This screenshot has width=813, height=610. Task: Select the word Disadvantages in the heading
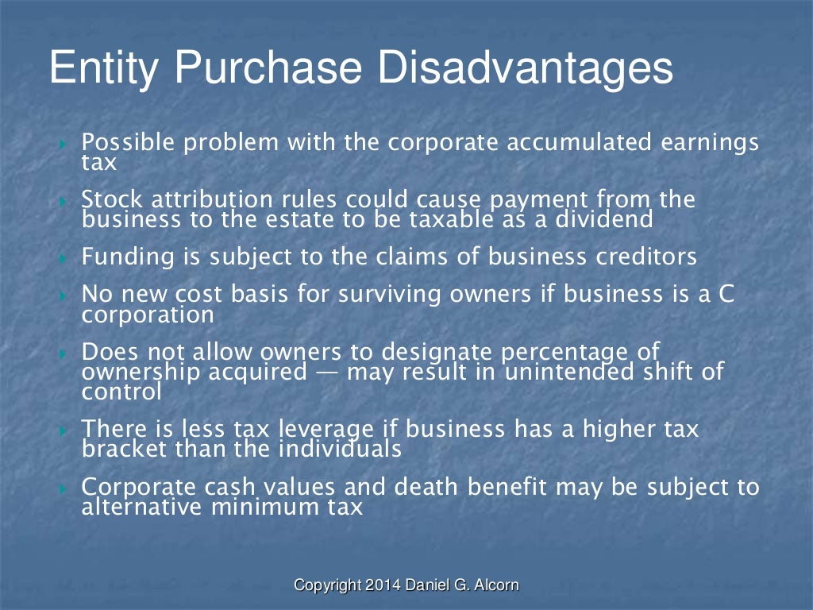tap(525, 68)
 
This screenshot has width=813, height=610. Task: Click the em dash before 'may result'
tap(326, 372)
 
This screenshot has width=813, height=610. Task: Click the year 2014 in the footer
tap(384, 585)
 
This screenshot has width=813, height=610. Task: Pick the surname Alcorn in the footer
tap(497, 585)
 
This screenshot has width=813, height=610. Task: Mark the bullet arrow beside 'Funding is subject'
tap(65, 257)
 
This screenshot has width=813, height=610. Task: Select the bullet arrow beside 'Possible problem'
tap(65, 144)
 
